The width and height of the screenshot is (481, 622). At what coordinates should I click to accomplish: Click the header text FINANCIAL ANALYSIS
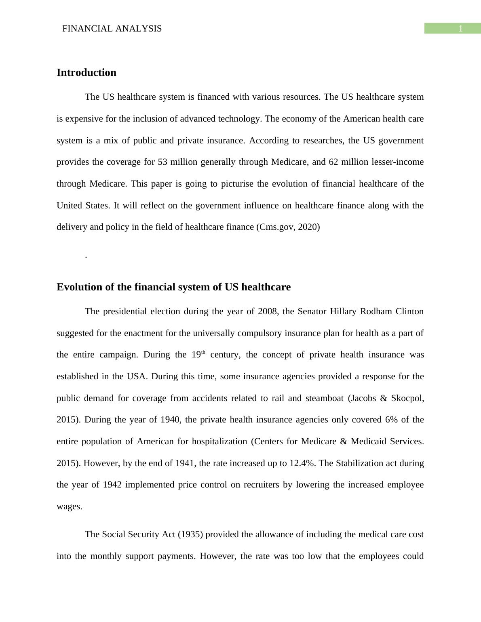[112, 29]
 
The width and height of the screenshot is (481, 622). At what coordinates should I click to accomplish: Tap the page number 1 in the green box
[460, 29]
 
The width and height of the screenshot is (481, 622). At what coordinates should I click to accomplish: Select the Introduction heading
[86, 73]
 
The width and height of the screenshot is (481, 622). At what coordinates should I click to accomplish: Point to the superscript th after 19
[203, 353]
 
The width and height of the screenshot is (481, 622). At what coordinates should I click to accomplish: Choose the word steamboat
[324, 398]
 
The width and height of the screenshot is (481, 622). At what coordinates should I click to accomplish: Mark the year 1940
[171, 420]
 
